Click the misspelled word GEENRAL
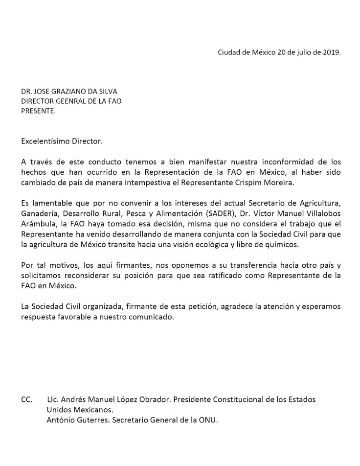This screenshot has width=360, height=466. click(x=69, y=101)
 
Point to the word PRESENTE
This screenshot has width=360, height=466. click(x=38, y=111)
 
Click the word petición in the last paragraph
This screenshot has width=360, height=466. click(x=202, y=307)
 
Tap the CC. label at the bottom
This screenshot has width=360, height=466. click(x=26, y=399)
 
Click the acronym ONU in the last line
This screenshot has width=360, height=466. click(x=207, y=419)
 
